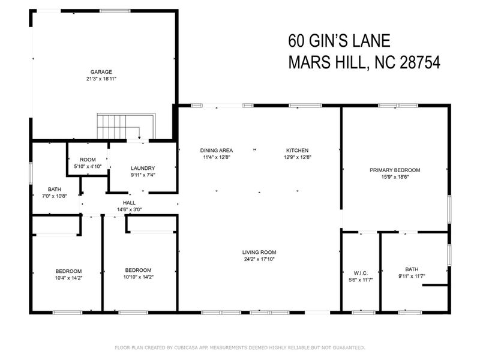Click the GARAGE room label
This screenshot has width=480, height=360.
[x=101, y=71]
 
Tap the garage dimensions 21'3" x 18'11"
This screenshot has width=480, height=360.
[x=101, y=79]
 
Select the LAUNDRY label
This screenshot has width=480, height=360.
[x=143, y=168]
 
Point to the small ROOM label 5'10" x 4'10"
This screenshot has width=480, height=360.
[x=84, y=160]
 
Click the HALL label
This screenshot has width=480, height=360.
[x=129, y=203]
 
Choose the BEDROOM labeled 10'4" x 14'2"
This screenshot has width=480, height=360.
[x=68, y=271]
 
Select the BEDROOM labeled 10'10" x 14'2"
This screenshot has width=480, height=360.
[x=138, y=270]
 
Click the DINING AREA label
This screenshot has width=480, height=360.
[x=217, y=150]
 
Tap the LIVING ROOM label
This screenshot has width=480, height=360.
[x=259, y=252]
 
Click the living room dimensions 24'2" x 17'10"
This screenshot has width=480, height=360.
[x=259, y=259]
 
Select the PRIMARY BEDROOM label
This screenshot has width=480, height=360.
[x=394, y=170]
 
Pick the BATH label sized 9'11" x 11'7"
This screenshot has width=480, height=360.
[x=412, y=269]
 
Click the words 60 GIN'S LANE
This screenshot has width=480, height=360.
[x=339, y=41]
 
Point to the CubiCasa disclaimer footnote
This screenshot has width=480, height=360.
[x=239, y=347]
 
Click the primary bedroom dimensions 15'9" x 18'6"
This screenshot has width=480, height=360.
[x=394, y=177]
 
